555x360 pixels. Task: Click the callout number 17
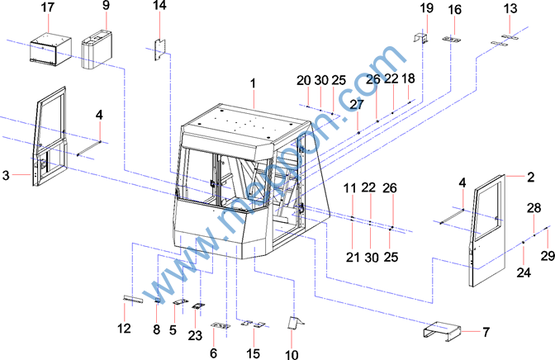(x=47, y=7)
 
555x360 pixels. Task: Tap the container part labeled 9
(x=97, y=49)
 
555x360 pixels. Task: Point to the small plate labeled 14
(x=160, y=50)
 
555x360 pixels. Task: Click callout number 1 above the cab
(x=253, y=84)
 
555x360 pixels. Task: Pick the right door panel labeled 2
(x=488, y=230)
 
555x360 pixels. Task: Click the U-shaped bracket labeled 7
(x=442, y=331)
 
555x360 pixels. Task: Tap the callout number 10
(x=292, y=354)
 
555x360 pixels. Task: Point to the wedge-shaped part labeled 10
(x=295, y=323)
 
